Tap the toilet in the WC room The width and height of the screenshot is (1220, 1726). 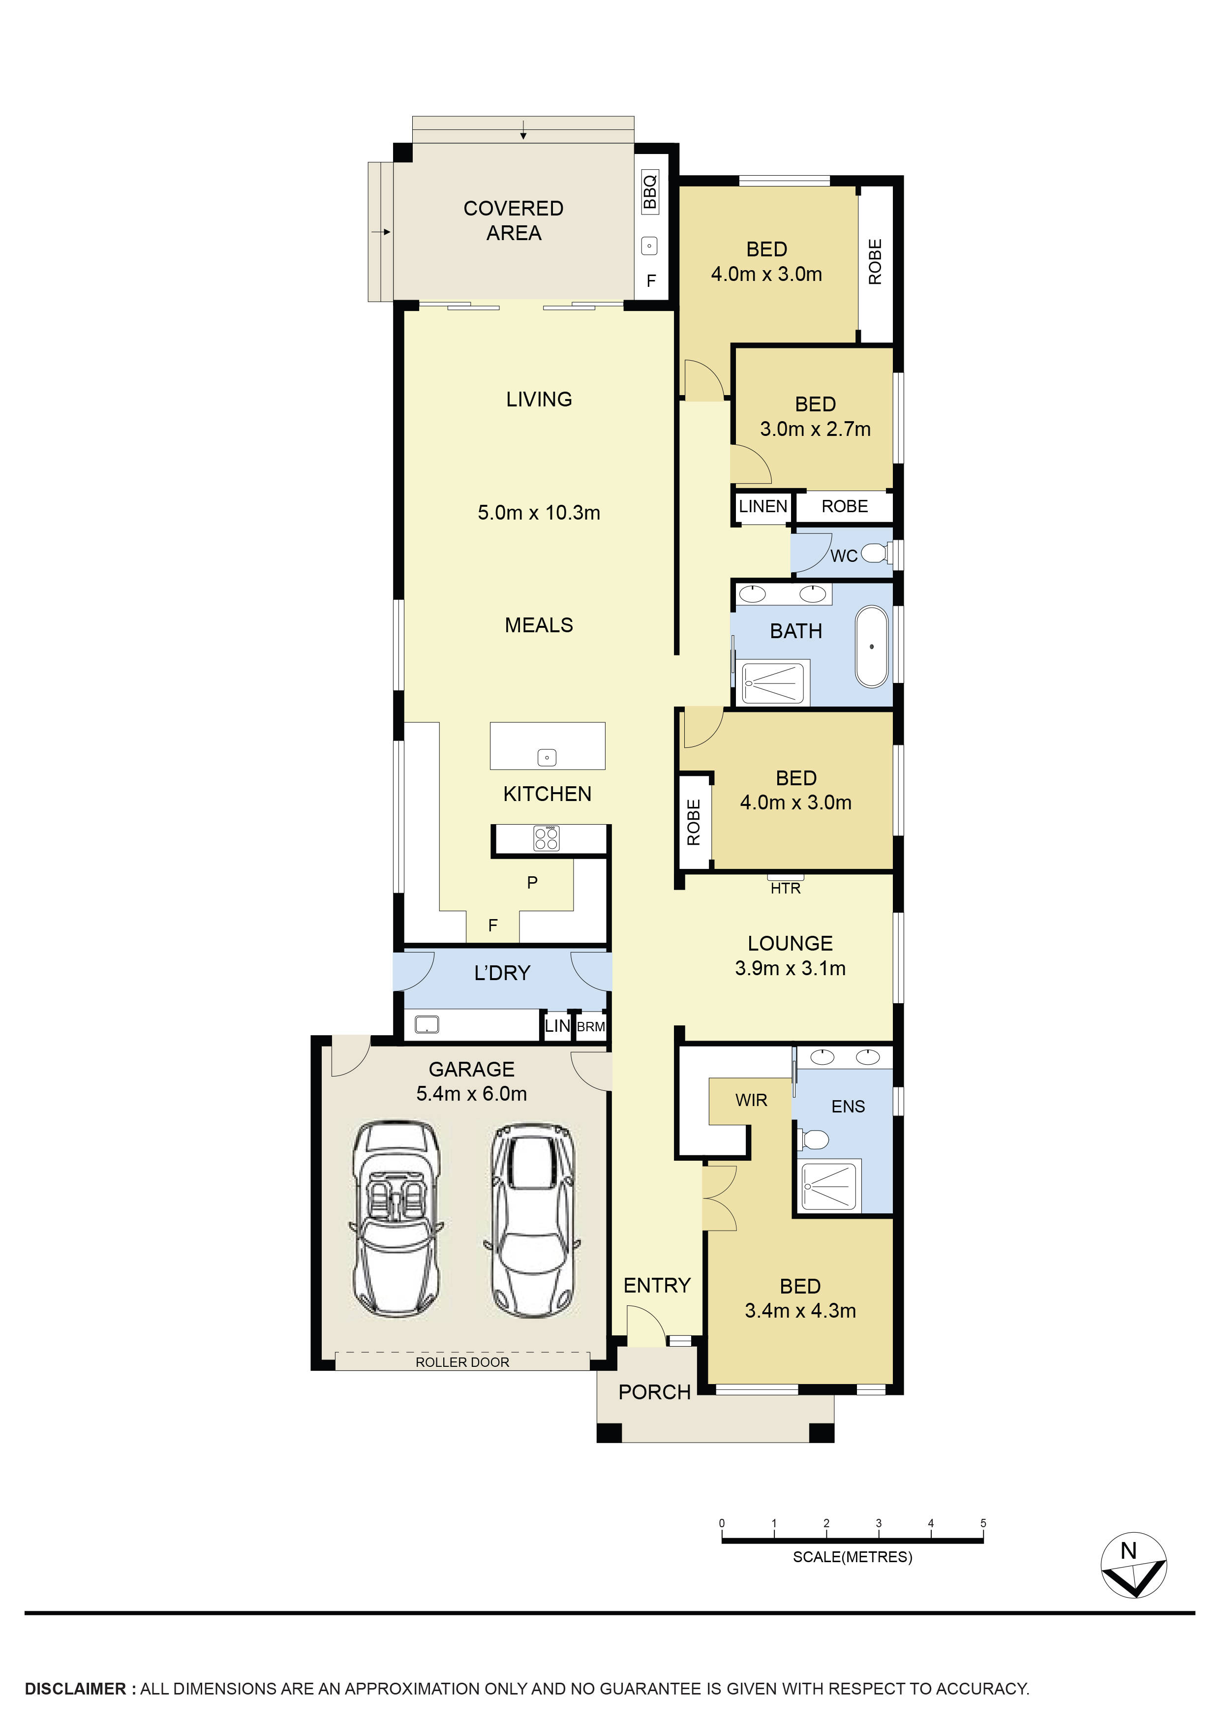point(874,554)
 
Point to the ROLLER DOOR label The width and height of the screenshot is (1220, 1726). point(462,1362)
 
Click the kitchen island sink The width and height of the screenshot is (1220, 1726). point(547,758)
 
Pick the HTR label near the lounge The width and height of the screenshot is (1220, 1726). point(786,889)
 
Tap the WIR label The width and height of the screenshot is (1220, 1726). point(751,1101)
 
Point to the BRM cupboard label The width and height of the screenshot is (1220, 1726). point(591,1027)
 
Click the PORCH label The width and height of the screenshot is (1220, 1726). point(654,1392)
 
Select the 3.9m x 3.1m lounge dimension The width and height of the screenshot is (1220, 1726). point(790,968)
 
